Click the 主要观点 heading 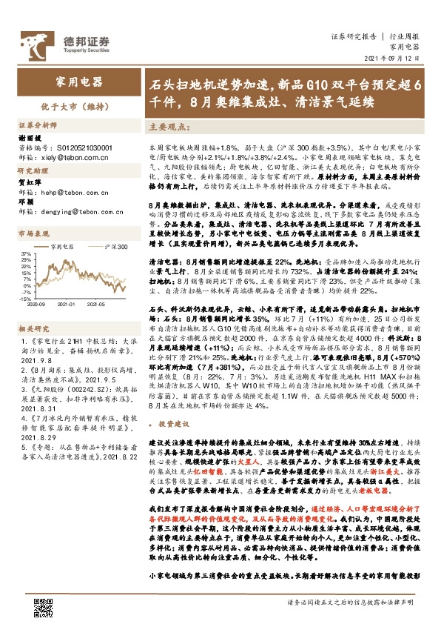point(167,127)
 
